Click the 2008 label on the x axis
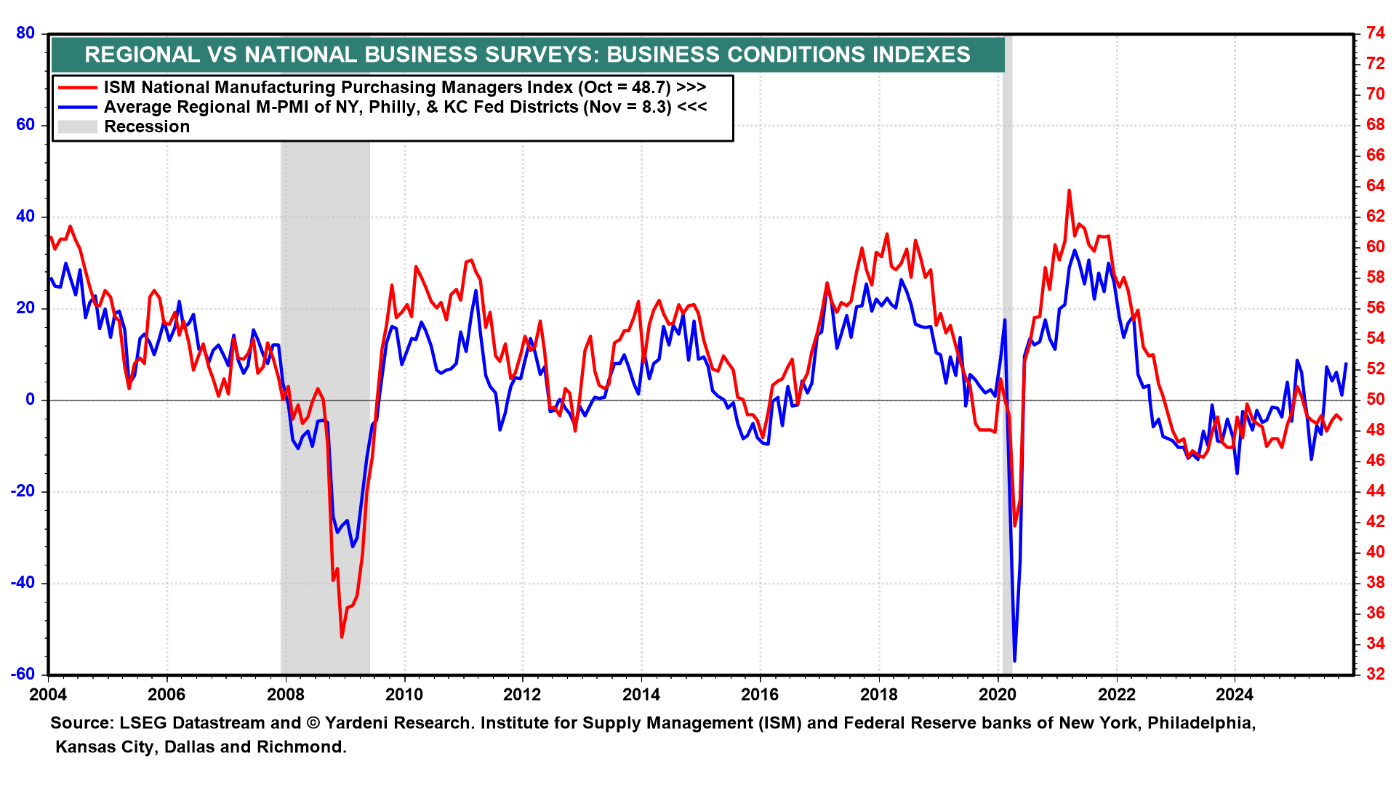[x=285, y=694]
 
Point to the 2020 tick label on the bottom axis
[x=997, y=694]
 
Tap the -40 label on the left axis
[x=23, y=583]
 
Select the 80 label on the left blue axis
[x=25, y=33]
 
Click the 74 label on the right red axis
[x=1375, y=33]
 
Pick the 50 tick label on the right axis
[x=1375, y=400]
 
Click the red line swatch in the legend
[x=77, y=87]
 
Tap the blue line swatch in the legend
[x=77, y=107]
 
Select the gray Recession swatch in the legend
[x=77, y=126]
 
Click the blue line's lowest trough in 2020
[x=1014, y=660]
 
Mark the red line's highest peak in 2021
[x=1069, y=191]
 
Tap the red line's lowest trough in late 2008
[x=342, y=637]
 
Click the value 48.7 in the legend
[x=651, y=87]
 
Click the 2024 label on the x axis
[x=1235, y=694]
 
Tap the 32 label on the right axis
[x=1375, y=675]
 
